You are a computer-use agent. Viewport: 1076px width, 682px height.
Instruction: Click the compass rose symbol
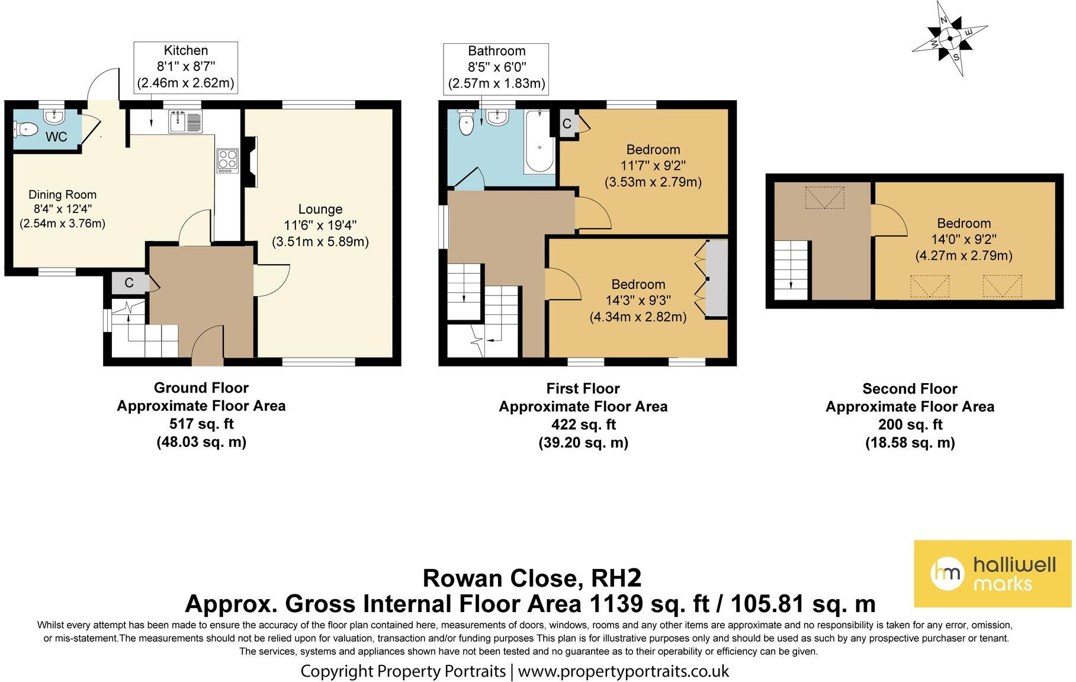(x=949, y=39)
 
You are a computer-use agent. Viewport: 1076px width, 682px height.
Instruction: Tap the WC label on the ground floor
(x=56, y=137)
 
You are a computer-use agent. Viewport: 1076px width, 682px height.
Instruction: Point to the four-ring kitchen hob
(x=227, y=160)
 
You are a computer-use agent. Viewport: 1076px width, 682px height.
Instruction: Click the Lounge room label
(x=320, y=209)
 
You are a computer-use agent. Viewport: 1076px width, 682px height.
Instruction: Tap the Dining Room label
(x=62, y=195)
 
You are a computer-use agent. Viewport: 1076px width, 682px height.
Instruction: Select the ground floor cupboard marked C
(x=129, y=283)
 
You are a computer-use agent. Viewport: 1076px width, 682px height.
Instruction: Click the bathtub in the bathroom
(x=539, y=141)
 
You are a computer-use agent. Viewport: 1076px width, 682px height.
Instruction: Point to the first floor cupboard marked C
(x=566, y=124)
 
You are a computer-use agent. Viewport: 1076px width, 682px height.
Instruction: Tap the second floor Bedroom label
(x=963, y=223)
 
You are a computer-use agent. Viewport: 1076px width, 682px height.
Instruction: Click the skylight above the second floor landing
(x=824, y=197)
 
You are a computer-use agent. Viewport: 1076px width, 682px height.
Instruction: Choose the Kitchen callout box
(x=186, y=67)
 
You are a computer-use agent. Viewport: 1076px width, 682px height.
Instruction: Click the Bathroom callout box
(x=496, y=67)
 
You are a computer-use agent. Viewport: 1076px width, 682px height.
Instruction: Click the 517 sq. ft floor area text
(x=201, y=424)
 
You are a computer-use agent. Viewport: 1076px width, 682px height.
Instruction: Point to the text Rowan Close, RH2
(x=532, y=577)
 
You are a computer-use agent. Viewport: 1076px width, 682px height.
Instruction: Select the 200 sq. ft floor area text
(x=910, y=424)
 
